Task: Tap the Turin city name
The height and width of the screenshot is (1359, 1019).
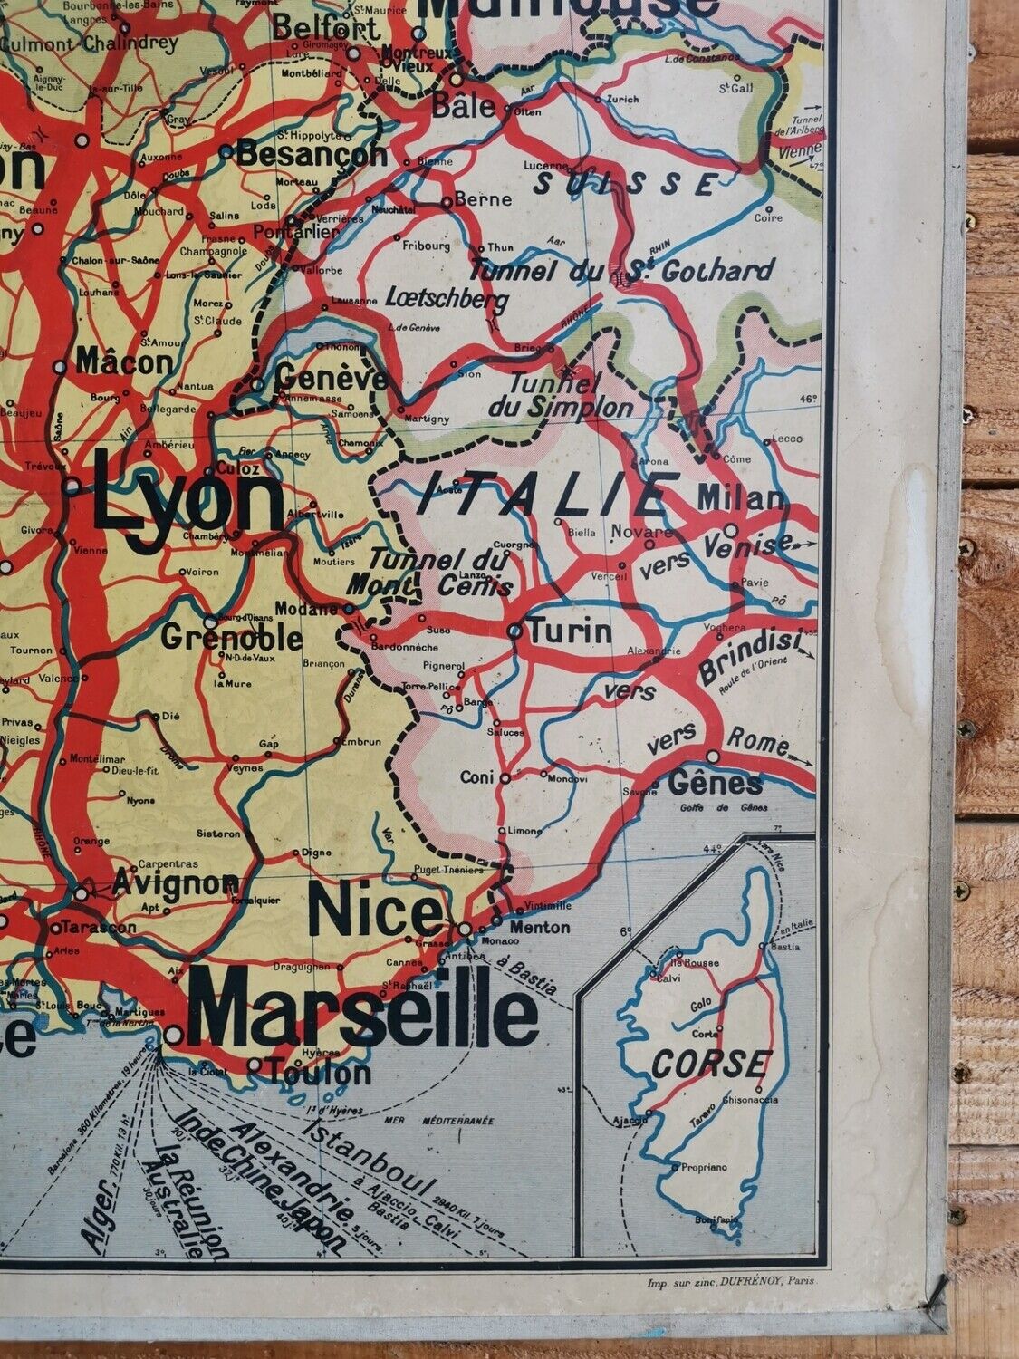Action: click(x=571, y=631)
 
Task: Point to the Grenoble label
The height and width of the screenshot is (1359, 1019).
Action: click(x=232, y=639)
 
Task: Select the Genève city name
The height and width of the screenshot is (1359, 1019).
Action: click(x=331, y=374)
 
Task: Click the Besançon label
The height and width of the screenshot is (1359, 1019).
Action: click(x=312, y=155)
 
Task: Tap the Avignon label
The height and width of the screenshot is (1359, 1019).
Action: click(x=177, y=882)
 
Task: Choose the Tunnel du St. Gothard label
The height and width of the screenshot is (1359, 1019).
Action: click(x=621, y=270)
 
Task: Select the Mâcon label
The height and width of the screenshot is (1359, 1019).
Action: click(x=124, y=362)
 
